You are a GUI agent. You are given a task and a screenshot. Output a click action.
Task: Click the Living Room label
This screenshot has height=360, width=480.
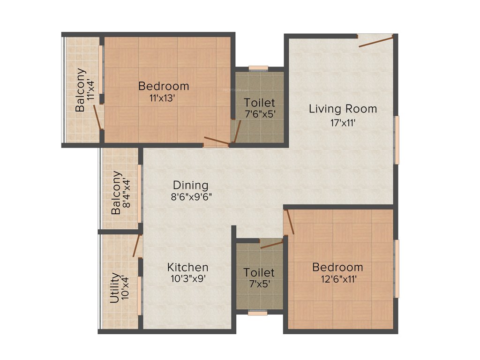[x=343, y=109]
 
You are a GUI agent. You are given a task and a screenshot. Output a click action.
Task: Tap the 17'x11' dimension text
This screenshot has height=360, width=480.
[x=343, y=124]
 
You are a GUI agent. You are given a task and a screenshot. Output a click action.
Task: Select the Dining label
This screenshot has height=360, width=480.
[x=190, y=185]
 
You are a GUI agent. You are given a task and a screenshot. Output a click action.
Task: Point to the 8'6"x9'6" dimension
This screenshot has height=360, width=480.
[x=192, y=197]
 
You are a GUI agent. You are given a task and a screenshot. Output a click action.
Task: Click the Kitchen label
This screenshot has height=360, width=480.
[x=188, y=267]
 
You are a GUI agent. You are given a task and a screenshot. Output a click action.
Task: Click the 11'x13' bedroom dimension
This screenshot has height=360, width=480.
[x=164, y=98]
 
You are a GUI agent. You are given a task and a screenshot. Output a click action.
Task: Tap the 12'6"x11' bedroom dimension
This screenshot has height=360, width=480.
[x=337, y=280]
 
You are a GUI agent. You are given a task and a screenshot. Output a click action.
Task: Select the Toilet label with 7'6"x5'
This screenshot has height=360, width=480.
[x=259, y=102]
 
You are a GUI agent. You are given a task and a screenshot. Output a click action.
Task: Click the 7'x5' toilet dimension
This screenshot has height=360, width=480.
[x=259, y=284]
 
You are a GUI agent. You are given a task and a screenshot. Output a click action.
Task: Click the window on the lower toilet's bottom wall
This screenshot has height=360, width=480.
[x=257, y=313]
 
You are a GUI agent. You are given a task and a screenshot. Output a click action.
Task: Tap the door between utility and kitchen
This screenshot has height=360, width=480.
[x=137, y=245]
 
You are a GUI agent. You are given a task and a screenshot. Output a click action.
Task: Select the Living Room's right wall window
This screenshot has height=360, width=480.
[x=397, y=140]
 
